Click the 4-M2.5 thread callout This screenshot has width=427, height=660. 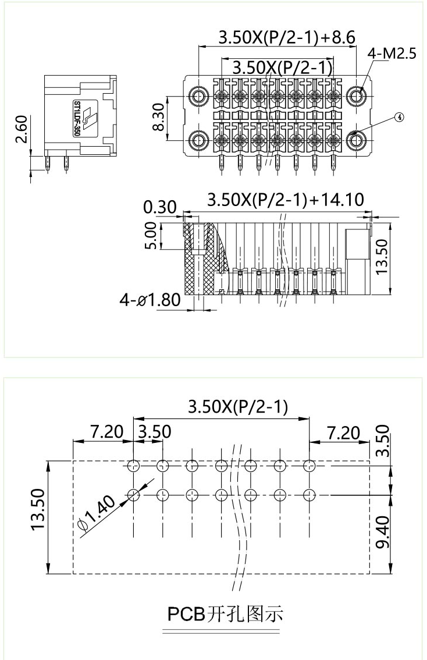pyautogui.click(x=392, y=54)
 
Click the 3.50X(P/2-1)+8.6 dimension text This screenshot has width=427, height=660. pyautogui.click(x=286, y=38)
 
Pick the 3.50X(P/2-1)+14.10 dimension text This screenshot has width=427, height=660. pyautogui.click(x=286, y=200)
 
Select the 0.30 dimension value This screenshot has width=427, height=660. pyautogui.click(x=159, y=207)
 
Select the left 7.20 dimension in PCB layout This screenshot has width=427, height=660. pyautogui.click(x=107, y=432)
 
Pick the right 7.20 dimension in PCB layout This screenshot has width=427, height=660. pyautogui.click(x=343, y=432)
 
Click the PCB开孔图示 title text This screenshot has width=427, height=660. pyautogui.click(x=225, y=613)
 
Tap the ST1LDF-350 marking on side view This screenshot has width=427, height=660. pyautogui.click(x=77, y=118)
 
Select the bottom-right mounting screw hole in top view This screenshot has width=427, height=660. pyautogui.click(x=355, y=140)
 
